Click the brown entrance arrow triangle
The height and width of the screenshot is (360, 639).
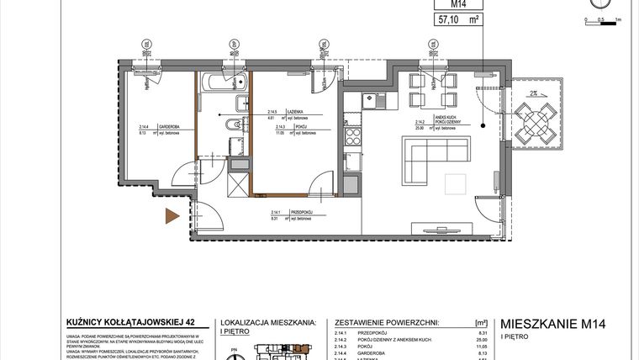click(172, 215)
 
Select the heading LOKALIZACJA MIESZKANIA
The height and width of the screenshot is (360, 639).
click(267, 322)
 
